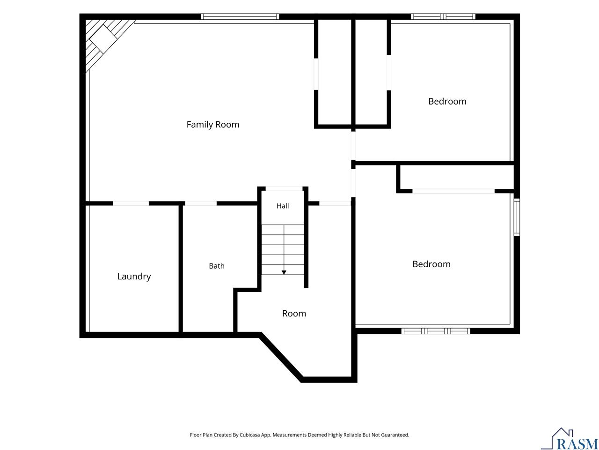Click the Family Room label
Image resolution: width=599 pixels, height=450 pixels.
[212, 125]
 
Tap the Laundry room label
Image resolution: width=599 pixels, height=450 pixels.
[134, 277]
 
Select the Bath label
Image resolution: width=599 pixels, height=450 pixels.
[217, 266]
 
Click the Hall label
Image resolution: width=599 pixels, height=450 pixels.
[283, 206]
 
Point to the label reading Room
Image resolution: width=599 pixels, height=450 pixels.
[294, 314]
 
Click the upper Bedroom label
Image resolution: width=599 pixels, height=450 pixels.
[447, 101]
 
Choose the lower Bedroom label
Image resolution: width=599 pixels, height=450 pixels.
[431, 264]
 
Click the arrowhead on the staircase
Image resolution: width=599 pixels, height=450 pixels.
[284, 272]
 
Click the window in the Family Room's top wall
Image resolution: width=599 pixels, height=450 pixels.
[240, 17]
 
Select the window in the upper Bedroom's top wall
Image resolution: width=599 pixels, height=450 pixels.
[443, 17]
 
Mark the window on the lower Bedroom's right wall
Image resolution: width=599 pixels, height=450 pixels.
[517, 217]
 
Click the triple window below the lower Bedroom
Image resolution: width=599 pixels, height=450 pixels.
[436, 331]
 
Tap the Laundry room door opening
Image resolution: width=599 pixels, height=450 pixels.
[131, 203]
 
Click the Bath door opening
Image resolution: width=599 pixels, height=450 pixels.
[201, 203]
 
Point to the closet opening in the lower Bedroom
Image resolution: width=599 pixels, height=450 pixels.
[453, 191]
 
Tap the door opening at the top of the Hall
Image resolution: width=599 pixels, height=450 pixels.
[284, 188]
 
